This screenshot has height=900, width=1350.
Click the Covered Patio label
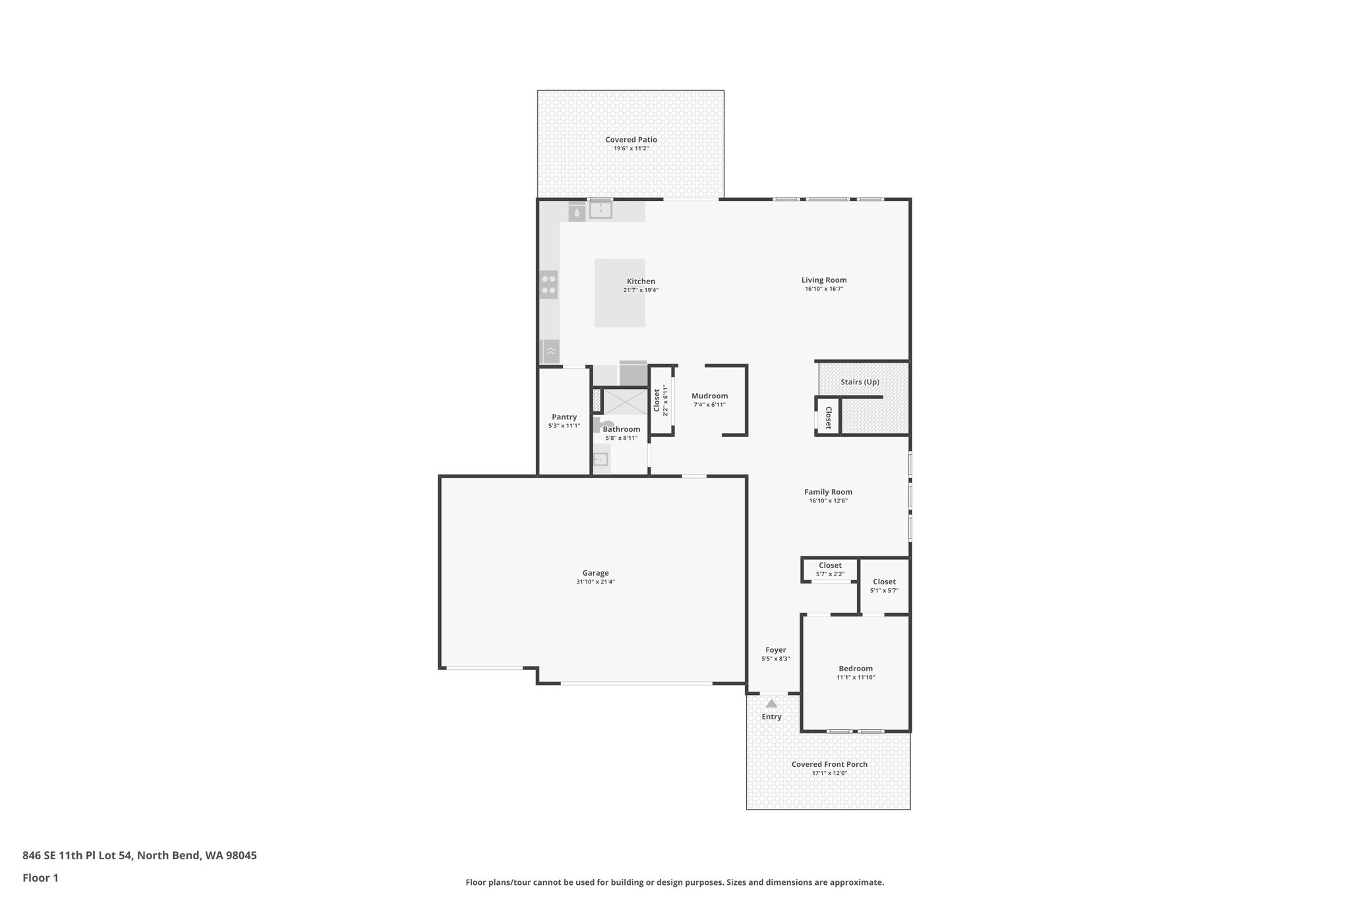click(631, 140)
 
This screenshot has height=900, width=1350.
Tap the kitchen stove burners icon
click(548, 284)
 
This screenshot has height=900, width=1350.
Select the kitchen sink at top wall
click(601, 210)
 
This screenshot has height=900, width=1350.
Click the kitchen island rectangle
click(620, 310)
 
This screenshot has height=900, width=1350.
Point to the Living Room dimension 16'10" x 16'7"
click(824, 289)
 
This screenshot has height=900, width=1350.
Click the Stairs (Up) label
click(860, 382)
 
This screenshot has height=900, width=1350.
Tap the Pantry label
click(564, 417)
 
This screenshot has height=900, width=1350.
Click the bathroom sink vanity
click(600, 460)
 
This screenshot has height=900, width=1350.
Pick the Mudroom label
click(709, 396)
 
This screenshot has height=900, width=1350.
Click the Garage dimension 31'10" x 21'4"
click(595, 582)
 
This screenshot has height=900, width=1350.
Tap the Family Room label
click(828, 492)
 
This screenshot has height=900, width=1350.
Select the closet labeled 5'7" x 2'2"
click(830, 569)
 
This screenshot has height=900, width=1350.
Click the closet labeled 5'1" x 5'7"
click(884, 585)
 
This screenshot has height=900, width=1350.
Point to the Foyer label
click(775, 649)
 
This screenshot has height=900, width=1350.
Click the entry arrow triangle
click(771, 704)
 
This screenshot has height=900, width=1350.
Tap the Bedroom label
click(856, 668)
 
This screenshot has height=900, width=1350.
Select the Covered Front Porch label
click(829, 764)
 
